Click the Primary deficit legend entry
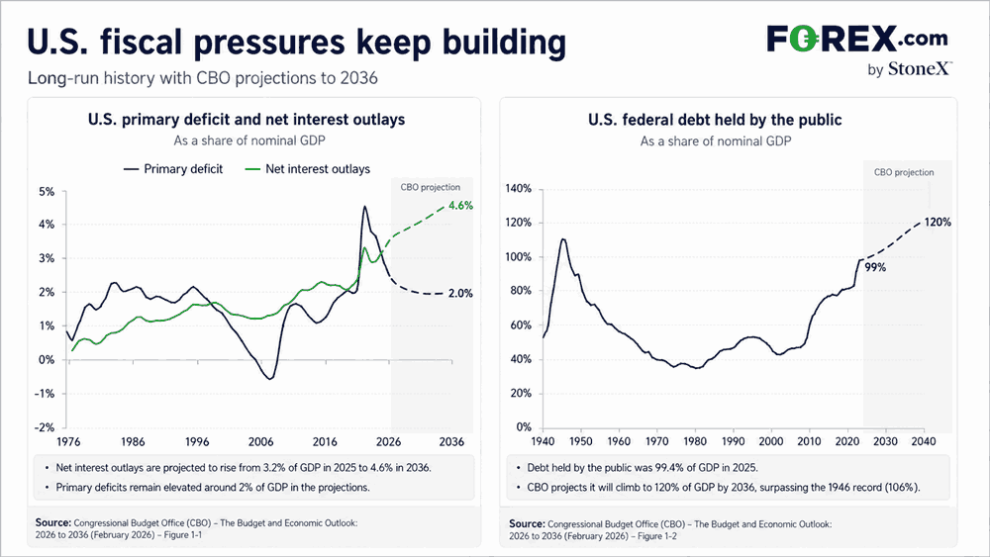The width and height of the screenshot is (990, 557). tap(173, 169)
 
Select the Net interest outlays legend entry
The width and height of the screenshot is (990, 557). tap(308, 169)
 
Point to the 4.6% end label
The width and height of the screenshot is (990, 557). tap(461, 206)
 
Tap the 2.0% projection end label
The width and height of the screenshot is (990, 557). tap(461, 293)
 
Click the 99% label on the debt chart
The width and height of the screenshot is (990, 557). tap(875, 267)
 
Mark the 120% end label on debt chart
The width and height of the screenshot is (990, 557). tap(938, 222)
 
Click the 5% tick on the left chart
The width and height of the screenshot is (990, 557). tap(47, 191)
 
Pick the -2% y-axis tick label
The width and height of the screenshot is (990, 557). tap(45, 427)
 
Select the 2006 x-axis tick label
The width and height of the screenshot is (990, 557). tap(260, 441)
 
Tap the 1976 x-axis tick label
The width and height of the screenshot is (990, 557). tap(68, 441)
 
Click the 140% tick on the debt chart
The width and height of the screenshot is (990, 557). tap(519, 189)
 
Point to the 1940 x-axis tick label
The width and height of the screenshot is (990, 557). tap(543, 441)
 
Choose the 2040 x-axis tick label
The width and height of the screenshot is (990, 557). tap(923, 441)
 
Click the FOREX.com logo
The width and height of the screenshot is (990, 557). tap(857, 39)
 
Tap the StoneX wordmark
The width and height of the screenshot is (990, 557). tap(920, 68)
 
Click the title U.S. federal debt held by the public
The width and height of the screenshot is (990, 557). tap(716, 120)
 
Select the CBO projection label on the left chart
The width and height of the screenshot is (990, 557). tap(431, 187)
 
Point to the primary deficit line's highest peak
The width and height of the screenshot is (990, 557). tap(364, 207)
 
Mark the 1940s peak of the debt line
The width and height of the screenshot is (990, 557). tap(562, 239)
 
